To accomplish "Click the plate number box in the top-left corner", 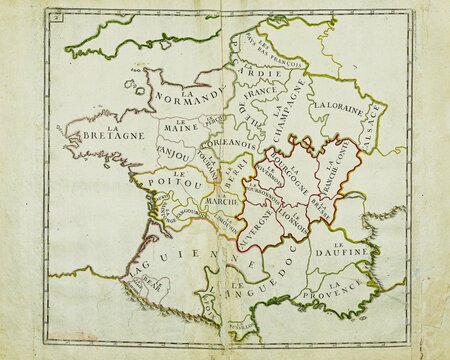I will click(x=59, y=16).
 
